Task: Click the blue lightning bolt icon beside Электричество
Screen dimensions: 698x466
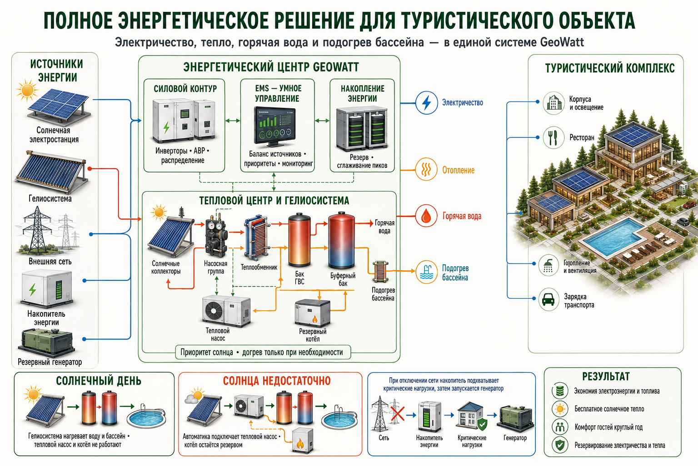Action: tap(426, 103)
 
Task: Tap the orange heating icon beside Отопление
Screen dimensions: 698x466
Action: tap(426, 170)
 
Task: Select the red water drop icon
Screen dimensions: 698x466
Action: tap(426, 216)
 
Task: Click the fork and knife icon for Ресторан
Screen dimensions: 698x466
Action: tap(553, 137)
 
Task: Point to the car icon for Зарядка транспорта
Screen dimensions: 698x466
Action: tap(548, 299)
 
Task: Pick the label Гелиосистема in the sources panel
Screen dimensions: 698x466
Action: tap(50, 198)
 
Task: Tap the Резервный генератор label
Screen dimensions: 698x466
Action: tap(50, 362)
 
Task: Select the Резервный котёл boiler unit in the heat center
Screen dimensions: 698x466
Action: tap(313, 314)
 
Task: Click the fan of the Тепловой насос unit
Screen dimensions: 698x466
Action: tap(214, 310)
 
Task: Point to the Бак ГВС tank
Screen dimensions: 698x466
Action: tap(299, 240)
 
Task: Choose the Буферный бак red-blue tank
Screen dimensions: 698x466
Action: tap(342, 240)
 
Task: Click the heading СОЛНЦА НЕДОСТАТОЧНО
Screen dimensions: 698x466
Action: tap(277, 381)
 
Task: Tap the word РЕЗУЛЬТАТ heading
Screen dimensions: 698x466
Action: tap(606, 377)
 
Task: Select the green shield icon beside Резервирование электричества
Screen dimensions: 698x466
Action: tap(560, 445)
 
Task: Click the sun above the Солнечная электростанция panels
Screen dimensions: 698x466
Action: tap(27, 90)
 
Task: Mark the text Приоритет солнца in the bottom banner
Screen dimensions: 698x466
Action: tap(207, 352)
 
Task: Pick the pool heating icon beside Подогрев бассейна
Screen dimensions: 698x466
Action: tap(426, 272)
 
